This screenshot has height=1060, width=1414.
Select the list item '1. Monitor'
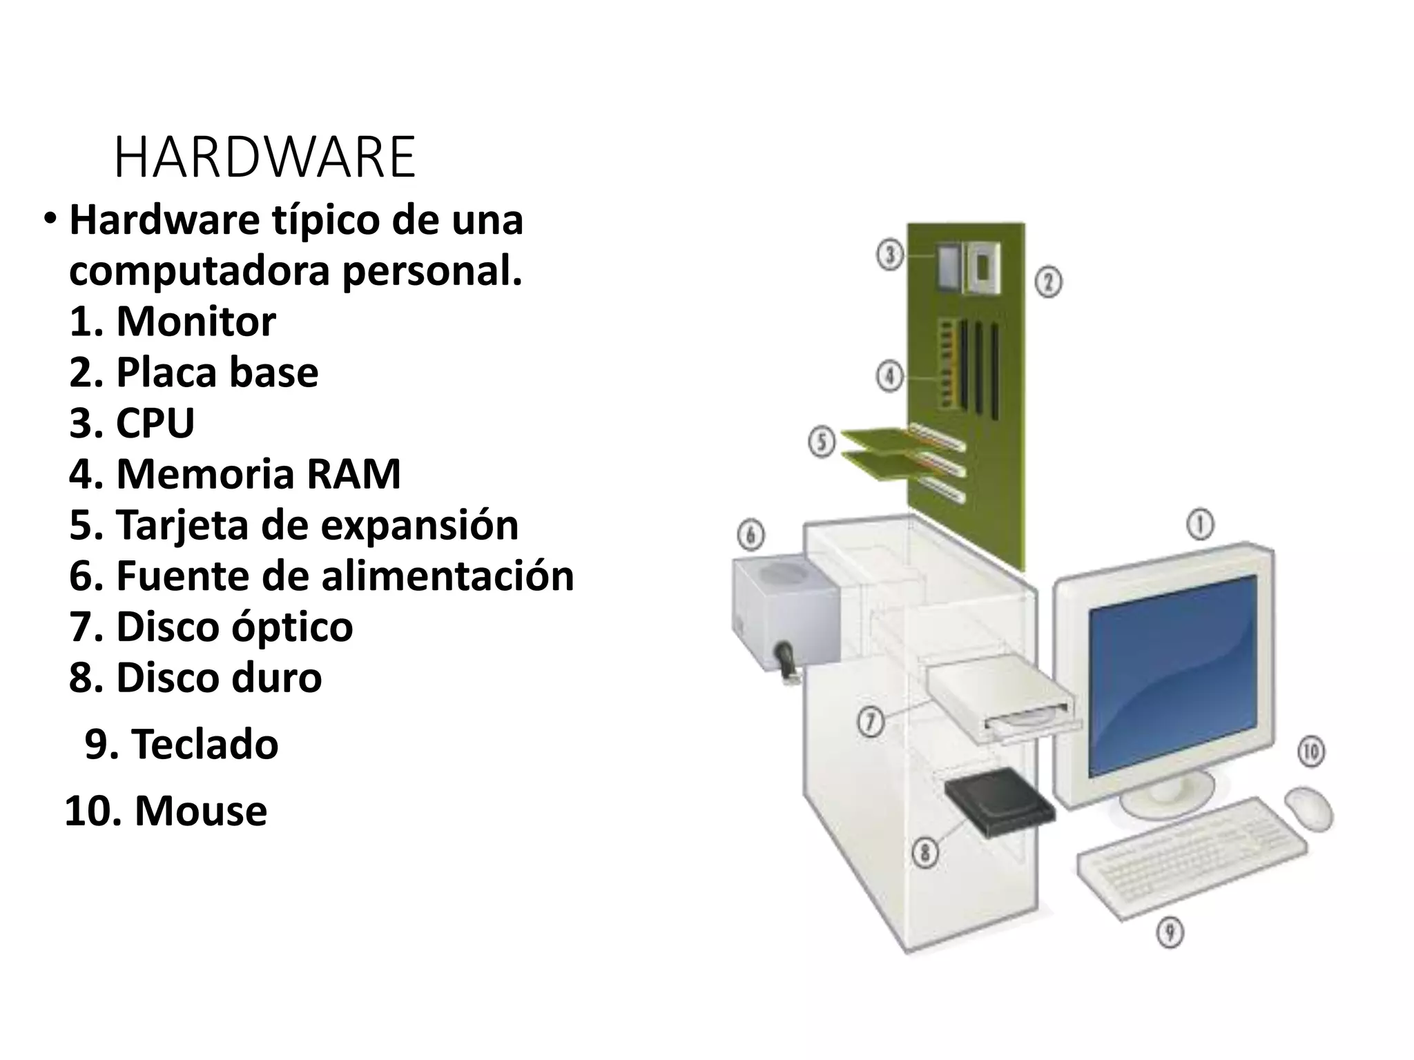click(x=173, y=322)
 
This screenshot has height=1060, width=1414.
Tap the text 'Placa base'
click(x=217, y=373)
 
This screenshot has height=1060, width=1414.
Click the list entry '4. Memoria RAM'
click(x=235, y=474)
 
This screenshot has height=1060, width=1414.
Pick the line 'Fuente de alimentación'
click(x=345, y=576)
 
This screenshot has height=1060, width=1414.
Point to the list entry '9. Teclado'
click(x=182, y=745)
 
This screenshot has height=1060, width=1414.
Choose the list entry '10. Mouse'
click(x=166, y=811)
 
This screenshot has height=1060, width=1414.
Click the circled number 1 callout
click(x=1200, y=525)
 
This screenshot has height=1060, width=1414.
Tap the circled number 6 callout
click(x=751, y=535)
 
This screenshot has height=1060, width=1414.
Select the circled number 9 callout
click(x=1170, y=933)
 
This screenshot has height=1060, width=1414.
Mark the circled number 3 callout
click(x=890, y=255)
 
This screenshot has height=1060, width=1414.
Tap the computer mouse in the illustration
click(x=1308, y=807)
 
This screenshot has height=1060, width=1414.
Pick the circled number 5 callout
click(x=822, y=442)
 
